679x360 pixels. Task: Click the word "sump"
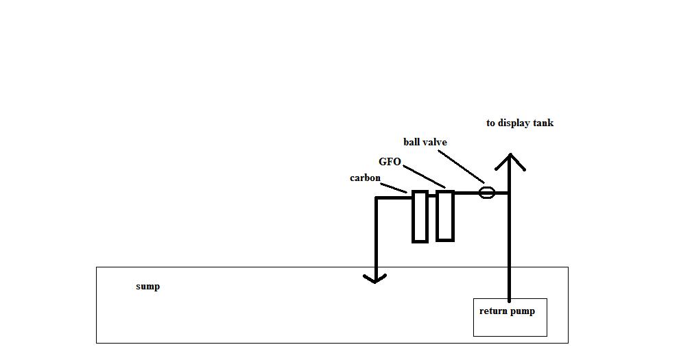tap(147, 286)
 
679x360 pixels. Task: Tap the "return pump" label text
tap(507, 311)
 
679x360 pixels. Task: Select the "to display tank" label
tap(519, 123)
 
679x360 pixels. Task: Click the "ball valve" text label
tap(425, 142)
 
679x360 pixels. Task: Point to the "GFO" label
tap(390, 162)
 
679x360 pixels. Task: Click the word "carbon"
tap(365, 178)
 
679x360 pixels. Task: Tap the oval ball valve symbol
tap(486, 193)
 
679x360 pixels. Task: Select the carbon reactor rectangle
tap(420, 217)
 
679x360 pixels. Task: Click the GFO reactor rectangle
tap(445, 216)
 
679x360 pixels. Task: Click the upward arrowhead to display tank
tap(510, 160)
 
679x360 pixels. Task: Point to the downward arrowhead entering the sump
tap(374, 277)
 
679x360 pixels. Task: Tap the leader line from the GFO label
tap(425, 176)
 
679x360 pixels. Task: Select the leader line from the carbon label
tap(394, 187)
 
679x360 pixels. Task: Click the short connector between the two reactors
tap(432, 195)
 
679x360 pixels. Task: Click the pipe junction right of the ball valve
tap(509, 193)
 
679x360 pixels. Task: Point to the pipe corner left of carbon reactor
tap(377, 198)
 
